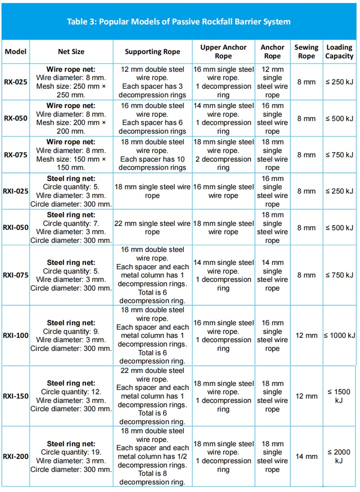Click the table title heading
179,22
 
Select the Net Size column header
71,52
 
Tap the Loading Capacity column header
339,52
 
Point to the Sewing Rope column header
306,52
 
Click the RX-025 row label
15,82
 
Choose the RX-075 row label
15,155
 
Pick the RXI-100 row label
15,336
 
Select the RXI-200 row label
15,456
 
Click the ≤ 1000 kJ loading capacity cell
339,336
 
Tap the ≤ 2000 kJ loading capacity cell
339,456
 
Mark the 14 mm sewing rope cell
306,456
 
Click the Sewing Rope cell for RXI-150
306,396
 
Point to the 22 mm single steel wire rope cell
152,228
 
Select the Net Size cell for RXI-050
71,228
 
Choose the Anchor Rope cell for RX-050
272,119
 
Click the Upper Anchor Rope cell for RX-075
223,155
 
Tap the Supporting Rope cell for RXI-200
152,456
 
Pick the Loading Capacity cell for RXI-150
339,396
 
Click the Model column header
15,52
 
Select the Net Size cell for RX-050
71,119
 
